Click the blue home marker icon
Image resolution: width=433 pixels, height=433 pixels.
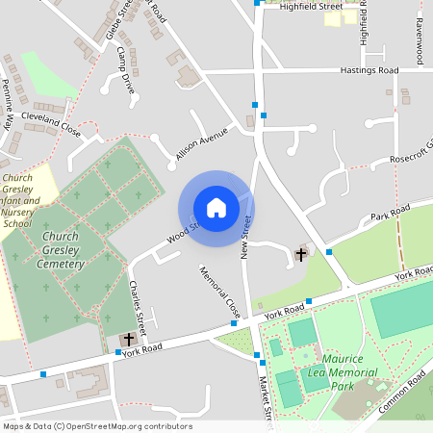(216, 208)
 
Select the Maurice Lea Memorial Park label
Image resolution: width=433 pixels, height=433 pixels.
(344, 371)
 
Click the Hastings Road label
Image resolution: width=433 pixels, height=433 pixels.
(369, 70)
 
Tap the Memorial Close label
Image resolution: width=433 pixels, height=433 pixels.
(219, 293)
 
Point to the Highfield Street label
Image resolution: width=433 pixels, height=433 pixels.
(311, 7)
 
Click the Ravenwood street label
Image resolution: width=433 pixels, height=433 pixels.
(420, 40)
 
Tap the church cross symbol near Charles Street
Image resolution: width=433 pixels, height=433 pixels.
(128, 340)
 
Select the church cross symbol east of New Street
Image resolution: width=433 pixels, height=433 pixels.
(301, 254)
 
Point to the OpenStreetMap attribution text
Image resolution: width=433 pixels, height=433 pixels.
(97, 426)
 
